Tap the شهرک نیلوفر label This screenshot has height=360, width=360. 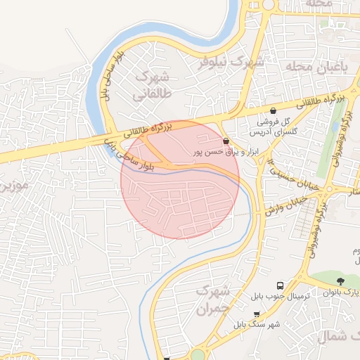pos(225,61)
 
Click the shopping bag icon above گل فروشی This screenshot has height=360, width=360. pos(273,110)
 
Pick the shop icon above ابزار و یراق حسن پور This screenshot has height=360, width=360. pos(225,141)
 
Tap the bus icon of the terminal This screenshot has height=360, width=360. pos(280,286)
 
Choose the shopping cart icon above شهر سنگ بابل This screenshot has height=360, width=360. pos(257,314)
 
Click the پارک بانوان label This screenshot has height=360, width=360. pos(347,292)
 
